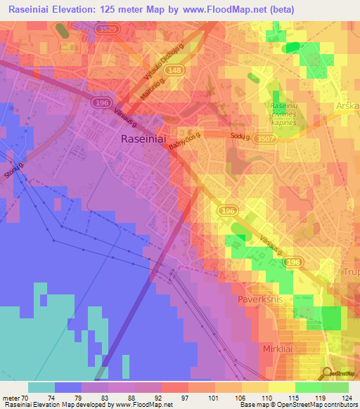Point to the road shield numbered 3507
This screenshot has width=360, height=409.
[266, 140]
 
